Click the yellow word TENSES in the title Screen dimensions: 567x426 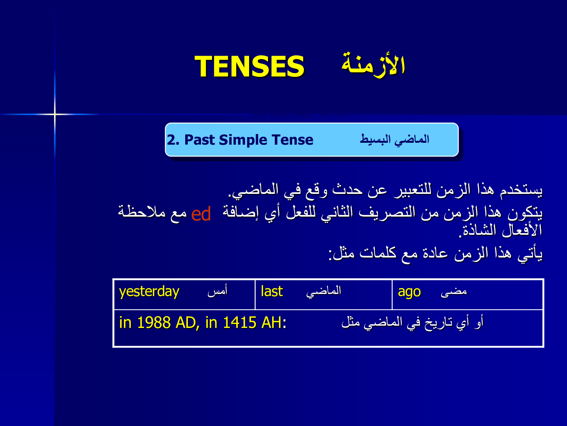point(249,66)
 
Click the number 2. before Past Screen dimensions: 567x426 point(173,140)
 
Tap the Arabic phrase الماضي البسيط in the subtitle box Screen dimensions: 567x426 point(395,140)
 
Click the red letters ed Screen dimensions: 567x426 point(201,214)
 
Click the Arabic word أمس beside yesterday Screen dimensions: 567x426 point(217,291)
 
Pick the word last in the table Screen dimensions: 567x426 point(272,291)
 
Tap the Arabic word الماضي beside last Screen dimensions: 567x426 point(324,292)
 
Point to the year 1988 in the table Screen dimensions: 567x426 point(154,323)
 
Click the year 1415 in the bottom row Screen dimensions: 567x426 point(239,323)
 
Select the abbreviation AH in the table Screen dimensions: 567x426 point(271,323)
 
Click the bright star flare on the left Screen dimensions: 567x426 point(55,114)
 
